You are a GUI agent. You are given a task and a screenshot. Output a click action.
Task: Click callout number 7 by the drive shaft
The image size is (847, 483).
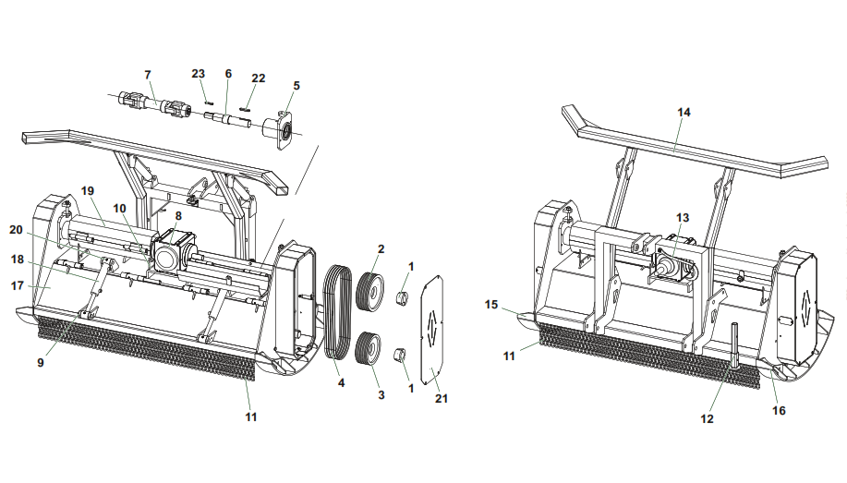147,74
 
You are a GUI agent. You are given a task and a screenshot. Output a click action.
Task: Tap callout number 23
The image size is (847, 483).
199,74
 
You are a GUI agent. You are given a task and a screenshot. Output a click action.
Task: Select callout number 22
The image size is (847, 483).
258,78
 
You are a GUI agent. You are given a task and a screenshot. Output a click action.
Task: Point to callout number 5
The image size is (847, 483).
296,85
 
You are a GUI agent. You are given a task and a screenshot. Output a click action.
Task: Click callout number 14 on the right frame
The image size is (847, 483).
684,112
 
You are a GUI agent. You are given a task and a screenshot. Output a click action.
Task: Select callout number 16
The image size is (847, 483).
779,410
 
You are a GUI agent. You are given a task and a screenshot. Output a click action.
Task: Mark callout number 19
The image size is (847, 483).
88,190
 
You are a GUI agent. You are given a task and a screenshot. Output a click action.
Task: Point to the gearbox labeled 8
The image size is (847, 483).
171,252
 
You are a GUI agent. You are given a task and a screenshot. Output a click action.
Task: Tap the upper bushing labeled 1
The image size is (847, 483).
403,297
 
